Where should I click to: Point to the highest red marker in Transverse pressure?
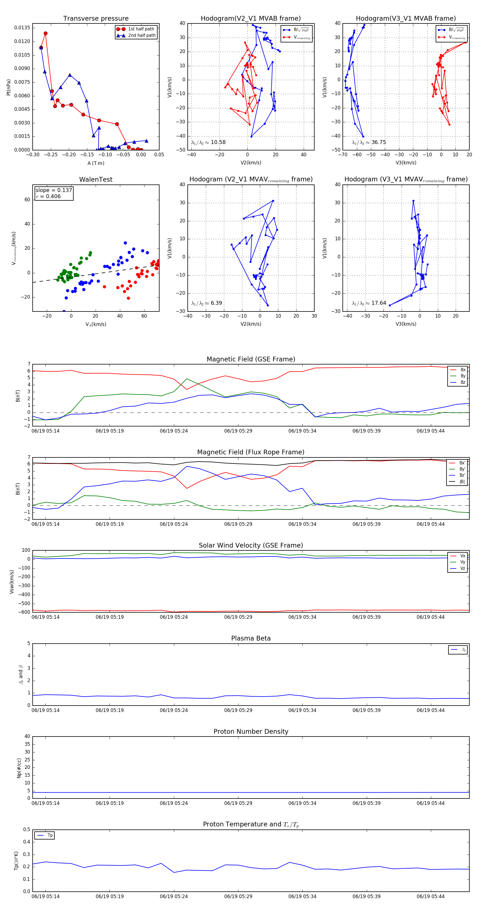tap(45, 33)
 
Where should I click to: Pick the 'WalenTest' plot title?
tap(96, 179)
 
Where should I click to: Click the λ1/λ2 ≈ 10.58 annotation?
tap(208, 142)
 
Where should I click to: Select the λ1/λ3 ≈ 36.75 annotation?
tap(369, 142)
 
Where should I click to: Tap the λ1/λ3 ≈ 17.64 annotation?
tap(369, 303)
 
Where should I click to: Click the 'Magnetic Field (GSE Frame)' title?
tap(251, 359)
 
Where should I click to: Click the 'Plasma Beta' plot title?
tap(251, 639)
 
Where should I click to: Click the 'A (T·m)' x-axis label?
tap(96, 163)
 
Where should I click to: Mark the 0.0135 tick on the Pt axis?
tap(22, 28)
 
